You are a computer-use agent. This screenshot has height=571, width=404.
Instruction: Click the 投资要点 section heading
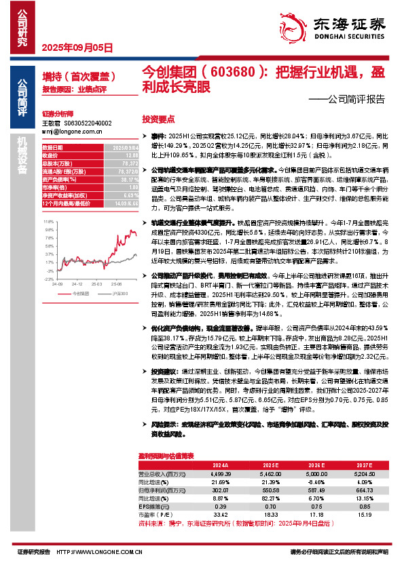click(x=158, y=117)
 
